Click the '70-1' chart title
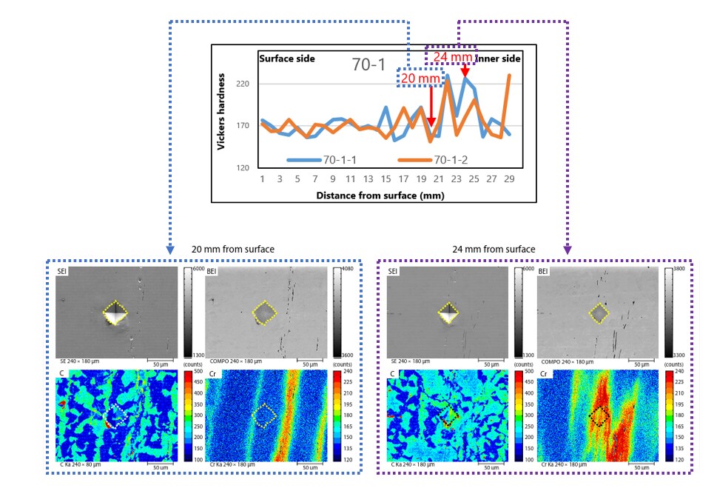pos(368,65)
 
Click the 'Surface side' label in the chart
pos(286,58)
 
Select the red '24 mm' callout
pos(451,56)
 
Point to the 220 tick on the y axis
pos(243,84)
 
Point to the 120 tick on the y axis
pos(243,168)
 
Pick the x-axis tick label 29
pos(509,178)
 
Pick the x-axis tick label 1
pos(262,178)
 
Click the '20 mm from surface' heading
pos(233,249)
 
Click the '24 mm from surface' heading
pos(494,249)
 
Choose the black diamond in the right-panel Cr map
pos(599,417)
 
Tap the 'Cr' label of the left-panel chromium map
pos(214,375)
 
